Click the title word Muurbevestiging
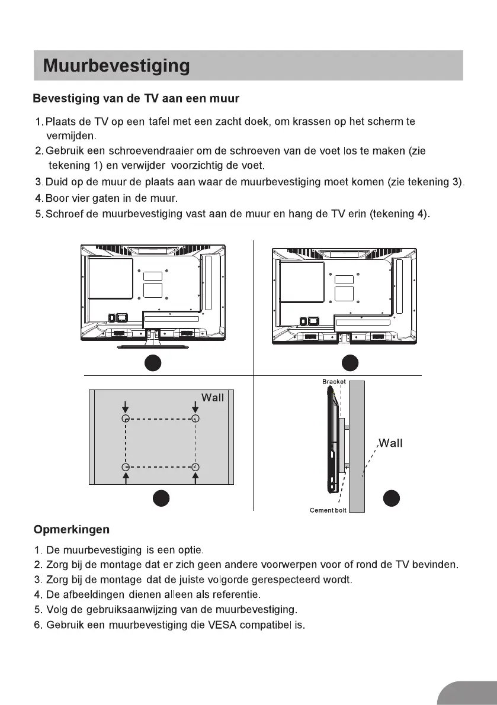[116, 66]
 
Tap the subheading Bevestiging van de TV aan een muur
[136, 98]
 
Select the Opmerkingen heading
[72, 529]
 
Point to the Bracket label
[334, 382]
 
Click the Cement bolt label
[328, 510]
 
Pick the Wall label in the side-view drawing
[391, 443]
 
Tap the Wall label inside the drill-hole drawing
[213, 398]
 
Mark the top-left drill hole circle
[126, 419]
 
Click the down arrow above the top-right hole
[195, 407]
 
